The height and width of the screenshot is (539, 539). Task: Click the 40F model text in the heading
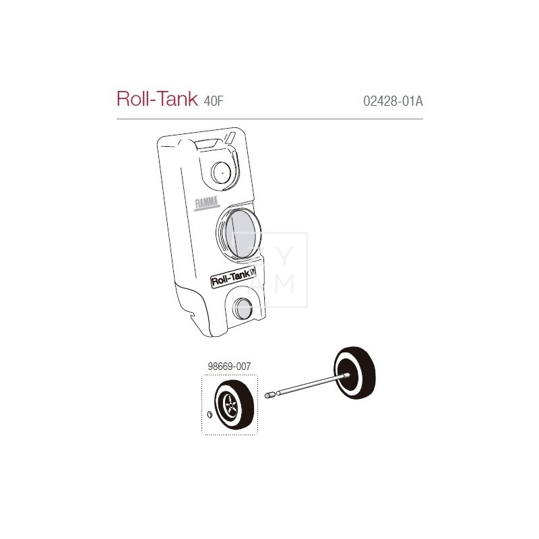tap(213, 102)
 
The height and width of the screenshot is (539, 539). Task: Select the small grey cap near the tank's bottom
tap(241, 310)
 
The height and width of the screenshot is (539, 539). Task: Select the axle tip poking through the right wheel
tap(346, 375)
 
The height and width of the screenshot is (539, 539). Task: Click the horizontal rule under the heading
tap(269, 119)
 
